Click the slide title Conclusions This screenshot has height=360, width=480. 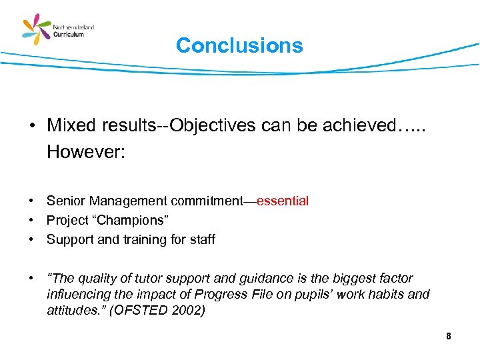[239, 45]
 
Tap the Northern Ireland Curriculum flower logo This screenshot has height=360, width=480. [37, 31]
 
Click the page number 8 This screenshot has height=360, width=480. [449, 337]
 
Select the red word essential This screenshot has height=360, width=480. [283, 201]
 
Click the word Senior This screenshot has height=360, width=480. [65, 201]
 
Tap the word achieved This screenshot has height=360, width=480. [347, 125]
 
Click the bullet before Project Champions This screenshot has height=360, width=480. [31, 220]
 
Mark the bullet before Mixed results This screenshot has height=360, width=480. [31, 126]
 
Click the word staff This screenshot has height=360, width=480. [202, 239]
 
